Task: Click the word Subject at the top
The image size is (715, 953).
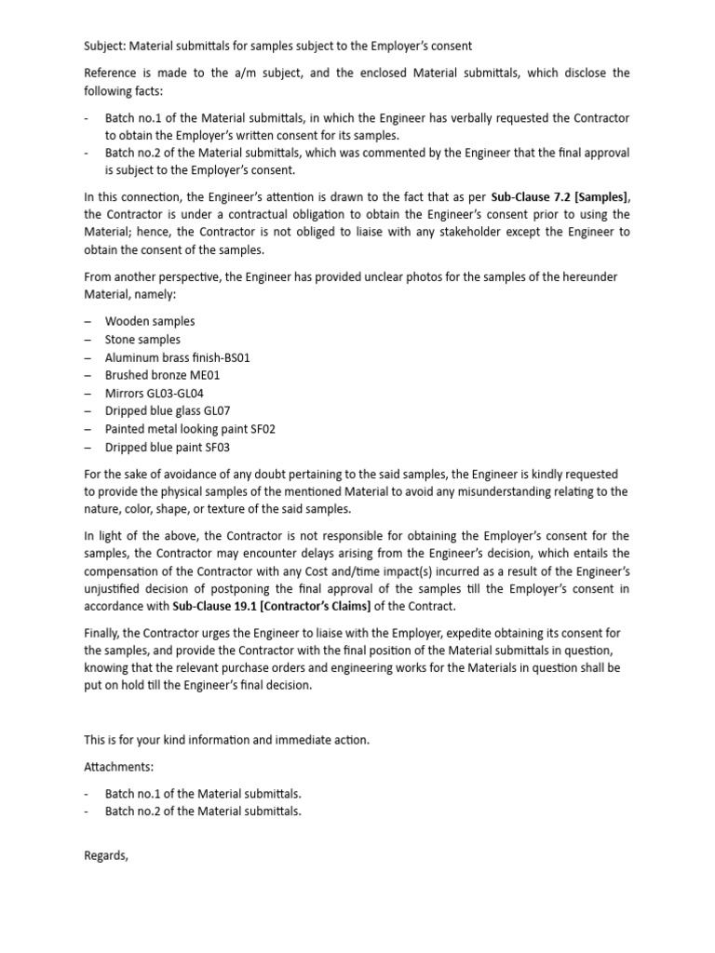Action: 105,46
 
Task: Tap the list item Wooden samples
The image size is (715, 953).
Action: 149,321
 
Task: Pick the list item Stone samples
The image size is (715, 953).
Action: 142,340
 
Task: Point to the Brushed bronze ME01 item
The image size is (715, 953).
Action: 162,375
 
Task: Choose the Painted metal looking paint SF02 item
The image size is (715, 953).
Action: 190,429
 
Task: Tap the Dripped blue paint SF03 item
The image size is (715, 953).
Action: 167,448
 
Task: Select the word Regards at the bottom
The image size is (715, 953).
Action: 105,855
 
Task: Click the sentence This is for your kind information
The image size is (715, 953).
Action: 226,740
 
